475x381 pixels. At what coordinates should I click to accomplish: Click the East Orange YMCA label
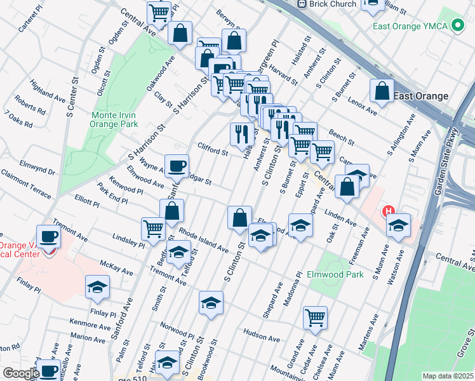pyautogui.click(x=410, y=26)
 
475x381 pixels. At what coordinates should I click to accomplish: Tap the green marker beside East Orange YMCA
pyautogui.click(x=455, y=26)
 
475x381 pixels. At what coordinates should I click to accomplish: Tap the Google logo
pyautogui.click(x=20, y=373)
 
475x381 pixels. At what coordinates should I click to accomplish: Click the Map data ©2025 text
pyautogui.click(x=448, y=376)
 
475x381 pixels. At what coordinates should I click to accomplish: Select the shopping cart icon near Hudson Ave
pyautogui.click(x=315, y=317)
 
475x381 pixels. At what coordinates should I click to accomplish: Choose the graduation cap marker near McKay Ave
pyautogui.click(x=97, y=288)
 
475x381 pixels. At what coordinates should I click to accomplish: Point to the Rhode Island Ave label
pyautogui.click(x=203, y=239)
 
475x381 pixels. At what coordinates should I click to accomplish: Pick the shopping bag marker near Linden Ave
pyautogui.click(x=347, y=187)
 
